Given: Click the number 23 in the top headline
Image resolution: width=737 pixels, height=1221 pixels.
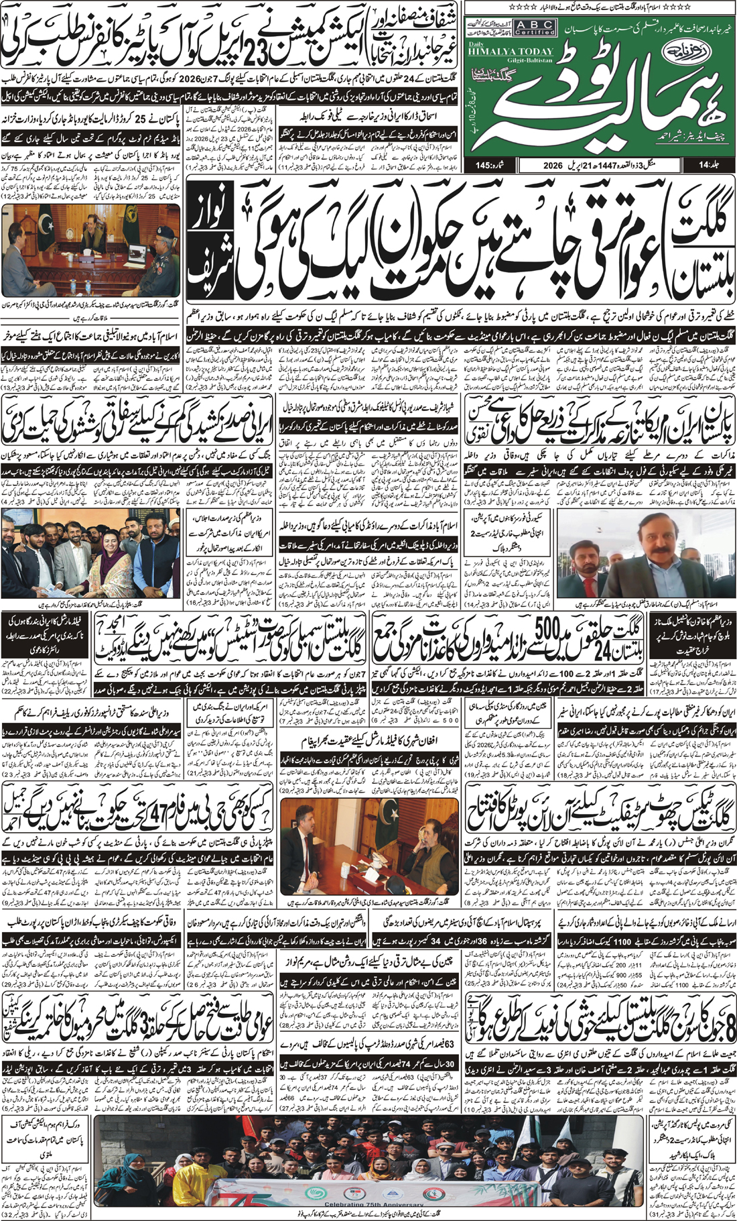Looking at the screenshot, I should (x=265, y=44).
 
